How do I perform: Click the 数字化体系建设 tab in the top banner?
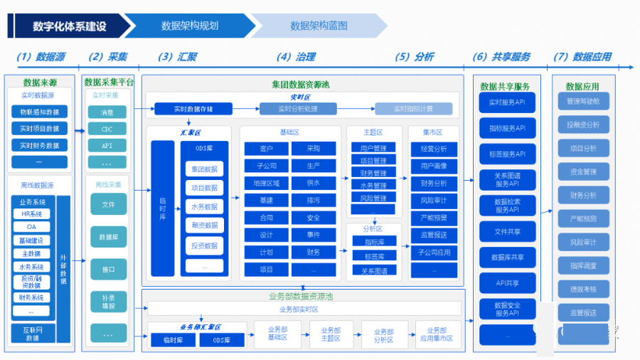69,26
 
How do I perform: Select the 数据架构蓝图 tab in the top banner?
319,26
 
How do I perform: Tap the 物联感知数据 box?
40,112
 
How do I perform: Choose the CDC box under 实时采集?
107,129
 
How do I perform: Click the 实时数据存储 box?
193,109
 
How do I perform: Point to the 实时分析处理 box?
298,109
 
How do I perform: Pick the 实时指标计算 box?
413,109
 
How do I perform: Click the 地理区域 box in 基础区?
267,183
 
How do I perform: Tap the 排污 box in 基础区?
314,201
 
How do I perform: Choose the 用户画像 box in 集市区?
434,166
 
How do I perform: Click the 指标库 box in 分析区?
374,241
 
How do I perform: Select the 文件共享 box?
506,231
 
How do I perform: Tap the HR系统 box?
31,214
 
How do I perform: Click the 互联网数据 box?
32,334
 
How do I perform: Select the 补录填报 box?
108,302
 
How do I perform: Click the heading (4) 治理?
296,57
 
